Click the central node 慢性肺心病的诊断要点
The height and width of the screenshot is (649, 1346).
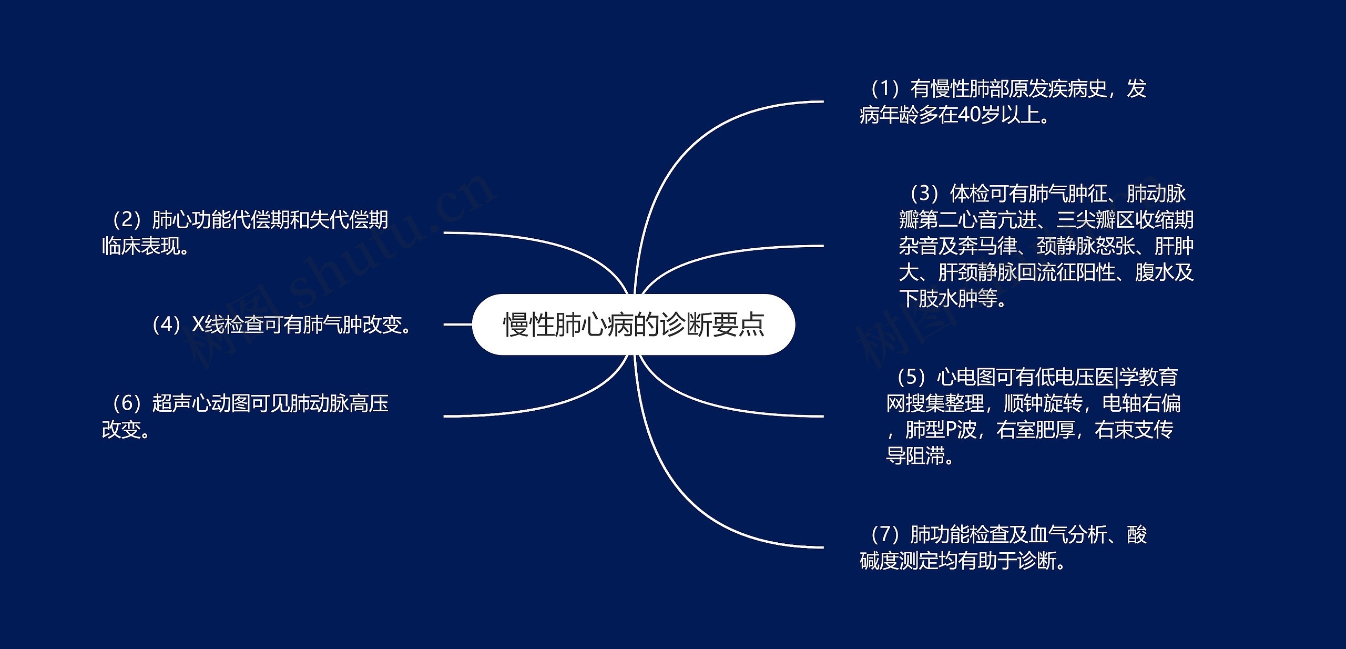tap(633, 324)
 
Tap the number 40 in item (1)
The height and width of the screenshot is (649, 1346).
tap(970, 115)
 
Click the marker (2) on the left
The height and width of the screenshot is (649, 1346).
tap(126, 220)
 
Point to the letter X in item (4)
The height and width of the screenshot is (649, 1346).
tap(198, 324)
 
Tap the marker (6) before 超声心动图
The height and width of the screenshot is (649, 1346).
tap(127, 403)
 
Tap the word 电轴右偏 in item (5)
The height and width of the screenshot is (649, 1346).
tap(1141, 403)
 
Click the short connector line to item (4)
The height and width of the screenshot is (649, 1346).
tap(457, 324)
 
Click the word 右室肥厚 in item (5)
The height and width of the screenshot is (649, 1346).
tap(1035, 430)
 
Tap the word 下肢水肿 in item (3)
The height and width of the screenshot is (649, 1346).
tap(938, 299)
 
